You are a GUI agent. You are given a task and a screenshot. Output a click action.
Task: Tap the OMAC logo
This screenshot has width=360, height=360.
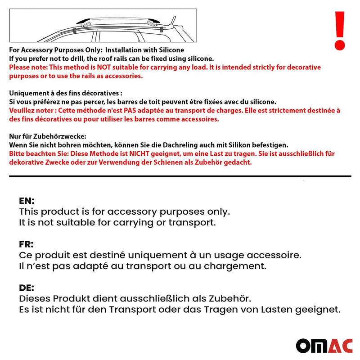click(324, 345)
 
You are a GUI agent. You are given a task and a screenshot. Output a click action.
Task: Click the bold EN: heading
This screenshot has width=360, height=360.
click(27, 201)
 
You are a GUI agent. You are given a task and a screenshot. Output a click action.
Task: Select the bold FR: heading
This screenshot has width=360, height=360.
click(27, 244)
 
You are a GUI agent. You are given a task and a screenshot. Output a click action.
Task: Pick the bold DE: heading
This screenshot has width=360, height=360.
click(27, 288)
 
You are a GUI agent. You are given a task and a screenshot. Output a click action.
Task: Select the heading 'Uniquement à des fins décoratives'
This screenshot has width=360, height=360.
click(66, 93)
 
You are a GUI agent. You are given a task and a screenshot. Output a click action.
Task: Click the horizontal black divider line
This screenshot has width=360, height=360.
click(180, 176)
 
